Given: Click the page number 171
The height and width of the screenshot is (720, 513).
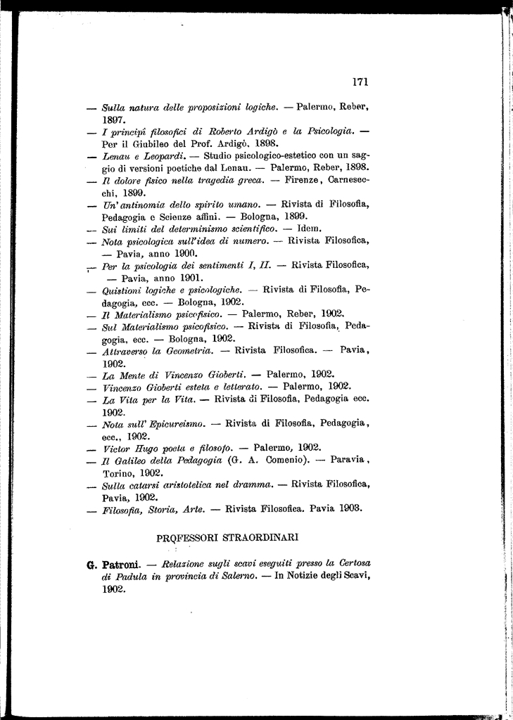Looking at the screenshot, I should pyautogui.click(x=360, y=82).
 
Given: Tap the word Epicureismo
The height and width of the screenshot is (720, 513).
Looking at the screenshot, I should pyautogui.click(x=176, y=424).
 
